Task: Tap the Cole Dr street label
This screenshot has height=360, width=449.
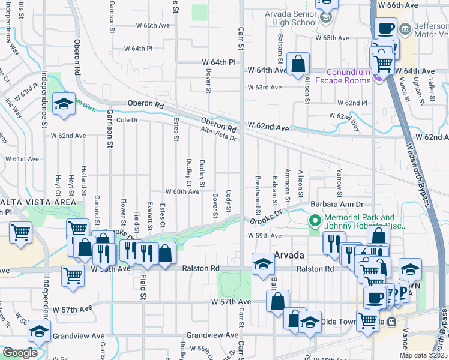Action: coord(127,120)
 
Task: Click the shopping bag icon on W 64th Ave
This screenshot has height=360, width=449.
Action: coord(298,64)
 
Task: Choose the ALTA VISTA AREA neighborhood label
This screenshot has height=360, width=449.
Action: coord(29,201)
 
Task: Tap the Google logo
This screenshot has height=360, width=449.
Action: coord(20,353)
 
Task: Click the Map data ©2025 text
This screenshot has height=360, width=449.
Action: coord(423,355)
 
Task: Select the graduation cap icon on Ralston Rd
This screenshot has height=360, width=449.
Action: coord(262,265)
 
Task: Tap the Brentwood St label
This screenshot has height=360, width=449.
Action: coord(257,195)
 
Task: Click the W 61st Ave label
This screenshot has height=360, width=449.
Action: coord(22,159)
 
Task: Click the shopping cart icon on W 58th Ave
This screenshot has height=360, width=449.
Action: coord(73,276)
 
